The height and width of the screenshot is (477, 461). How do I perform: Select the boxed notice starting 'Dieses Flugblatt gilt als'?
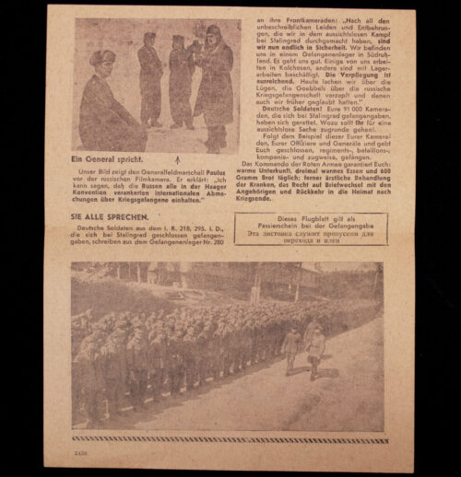tap(311, 228)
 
